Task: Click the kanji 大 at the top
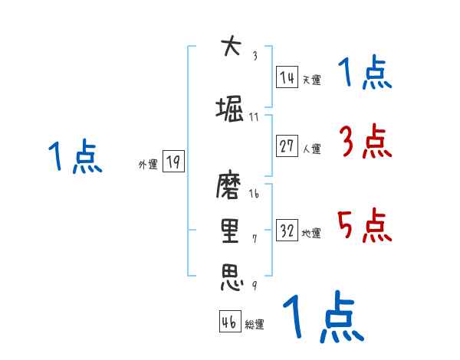click(230, 47)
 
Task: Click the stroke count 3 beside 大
click(255, 55)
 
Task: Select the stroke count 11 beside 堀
click(254, 117)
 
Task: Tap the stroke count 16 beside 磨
click(254, 195)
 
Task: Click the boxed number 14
click(287, 77)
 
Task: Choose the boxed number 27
click(287, 147)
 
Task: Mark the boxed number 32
click(287, 231)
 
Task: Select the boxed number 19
click(173, 162)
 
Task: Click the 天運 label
click(311, 80)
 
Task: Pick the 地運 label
click(311, 234)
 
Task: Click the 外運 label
click(147, 164)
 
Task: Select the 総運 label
click(255, 325)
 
